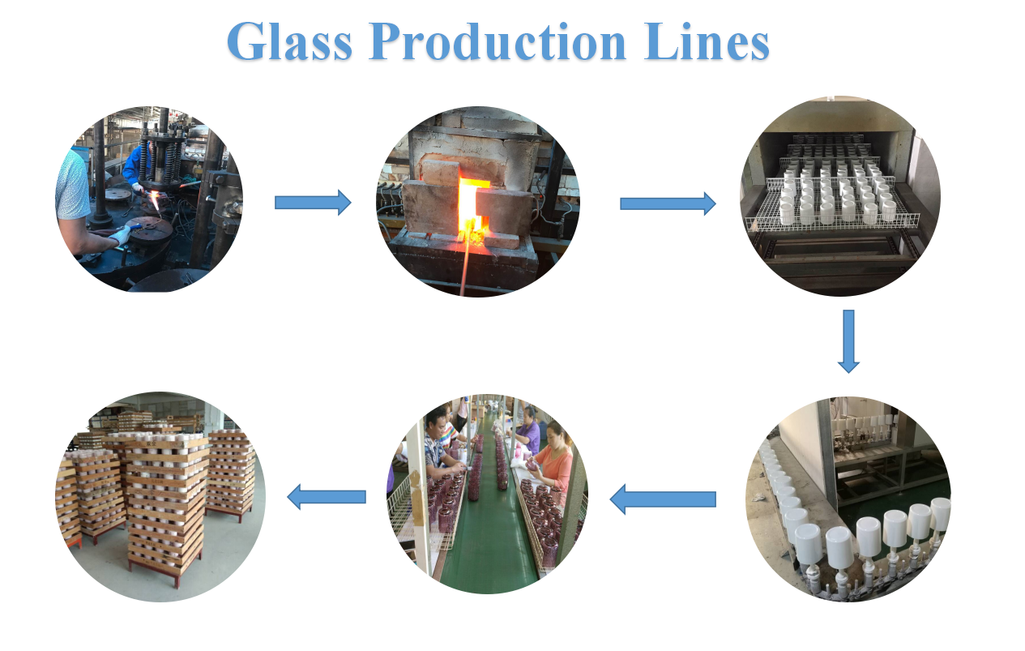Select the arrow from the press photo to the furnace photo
pyautogui.click(x=313, y=203)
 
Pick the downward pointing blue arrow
pyautogui.click(x=848, y=340)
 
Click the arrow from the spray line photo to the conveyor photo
pyautogui.click(x=662, y=499)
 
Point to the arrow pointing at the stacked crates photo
pyautogui.click(x=327, y=496)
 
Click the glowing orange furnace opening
pyautogui.click(x=471, y=207)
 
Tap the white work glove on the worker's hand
pyautogui.click(x=119, y=236)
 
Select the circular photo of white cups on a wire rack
pyautogui.click(x=840, y=197)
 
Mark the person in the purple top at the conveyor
pyautogui.click(x=528, y=430)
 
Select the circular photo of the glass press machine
pyautogui.click(x=149, y=199)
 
